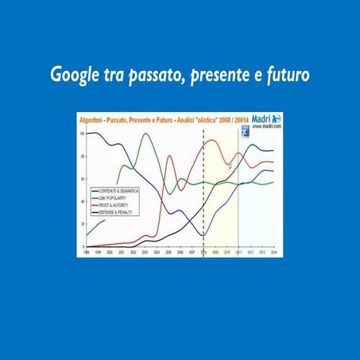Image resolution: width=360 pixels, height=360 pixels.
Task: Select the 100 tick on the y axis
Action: click(82, 133)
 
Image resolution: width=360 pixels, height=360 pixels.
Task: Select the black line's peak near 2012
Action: click(252, 145)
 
